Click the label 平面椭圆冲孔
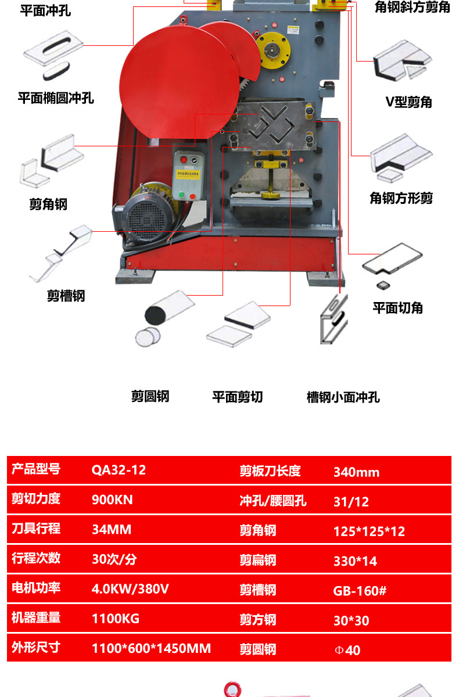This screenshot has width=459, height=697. tap(56, 98)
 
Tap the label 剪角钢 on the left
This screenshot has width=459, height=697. tap(48, 204)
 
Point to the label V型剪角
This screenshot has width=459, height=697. tap(409, 102)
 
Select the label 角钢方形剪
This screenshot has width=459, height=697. tap(401, 198)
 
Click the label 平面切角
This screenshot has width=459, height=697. tap(397, 307)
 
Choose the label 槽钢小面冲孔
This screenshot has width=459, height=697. tap(343, 397)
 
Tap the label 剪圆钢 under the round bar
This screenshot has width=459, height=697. tap(150, 397)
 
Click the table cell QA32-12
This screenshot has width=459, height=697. tap(119, 470)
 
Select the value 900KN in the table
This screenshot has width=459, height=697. tap(112, 500)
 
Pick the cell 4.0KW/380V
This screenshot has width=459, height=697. tap(130, 588)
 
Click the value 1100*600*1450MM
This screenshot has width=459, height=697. tap(151, 648)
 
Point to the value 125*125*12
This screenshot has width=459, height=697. tap(369, 531)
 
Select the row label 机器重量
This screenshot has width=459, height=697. tap(36, 617)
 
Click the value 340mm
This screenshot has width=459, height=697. tap(356, 472)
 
